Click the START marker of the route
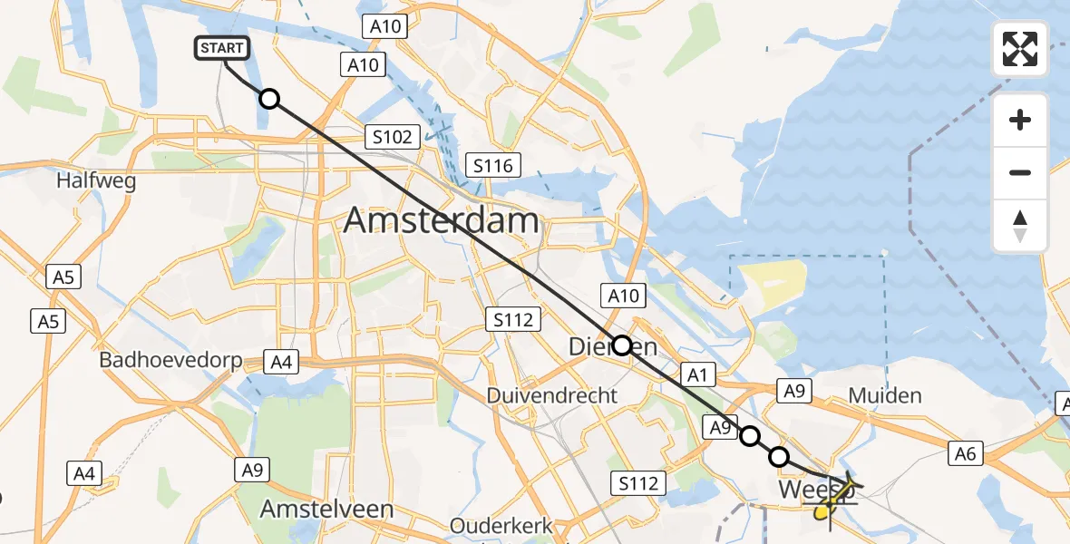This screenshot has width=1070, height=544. click(221, 49)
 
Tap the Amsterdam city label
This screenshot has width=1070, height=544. click(441, 220)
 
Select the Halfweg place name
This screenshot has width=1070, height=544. click(96, 180)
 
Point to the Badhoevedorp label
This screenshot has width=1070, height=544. click(170, 360)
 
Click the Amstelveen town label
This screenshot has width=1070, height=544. click(326, 509)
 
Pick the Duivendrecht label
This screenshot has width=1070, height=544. click(552, 395)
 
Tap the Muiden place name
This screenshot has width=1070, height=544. click(884, 395)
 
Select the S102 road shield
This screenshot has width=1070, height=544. click(392, 138)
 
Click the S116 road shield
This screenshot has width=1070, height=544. click(492, 165)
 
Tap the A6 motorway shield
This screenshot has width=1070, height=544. click(965, 454)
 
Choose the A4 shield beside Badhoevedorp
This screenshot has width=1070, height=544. click(280, 363)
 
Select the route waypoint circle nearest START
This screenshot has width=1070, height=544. click(268, 99)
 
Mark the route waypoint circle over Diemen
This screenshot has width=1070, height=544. click(622, 345)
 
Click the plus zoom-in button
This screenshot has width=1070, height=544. click(1020, 120)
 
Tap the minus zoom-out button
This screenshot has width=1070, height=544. click(1020, 172)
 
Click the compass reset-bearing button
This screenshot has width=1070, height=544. click(1020, 225)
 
